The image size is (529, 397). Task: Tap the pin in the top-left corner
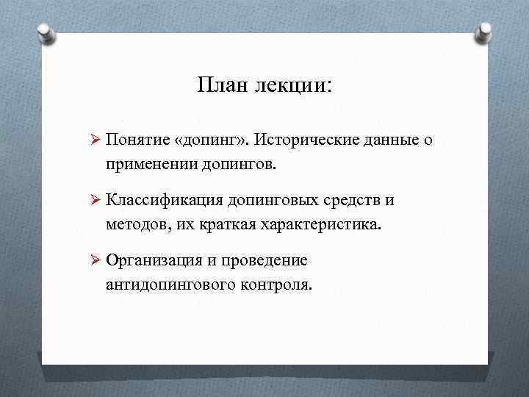click(44, 32)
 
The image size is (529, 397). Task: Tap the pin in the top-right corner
click(485, 32)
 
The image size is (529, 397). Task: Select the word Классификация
click(164, 201)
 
